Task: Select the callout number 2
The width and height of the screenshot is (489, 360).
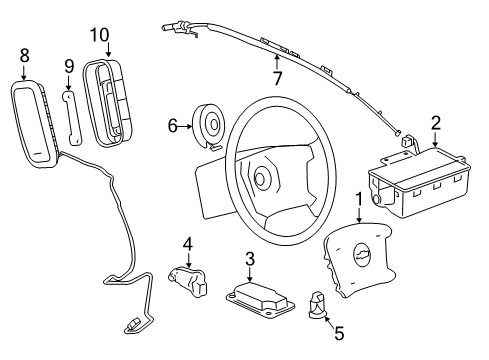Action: click(x=435, y=124)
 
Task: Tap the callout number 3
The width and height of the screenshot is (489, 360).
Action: click(x=250, y=259)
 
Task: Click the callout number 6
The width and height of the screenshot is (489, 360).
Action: click(x=172, y=125)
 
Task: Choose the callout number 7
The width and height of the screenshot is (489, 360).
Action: click(x=279, y=77)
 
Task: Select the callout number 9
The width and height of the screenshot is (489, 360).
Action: click(x=69, y=67)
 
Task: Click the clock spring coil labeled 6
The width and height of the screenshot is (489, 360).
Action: click(x=210, y=126)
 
